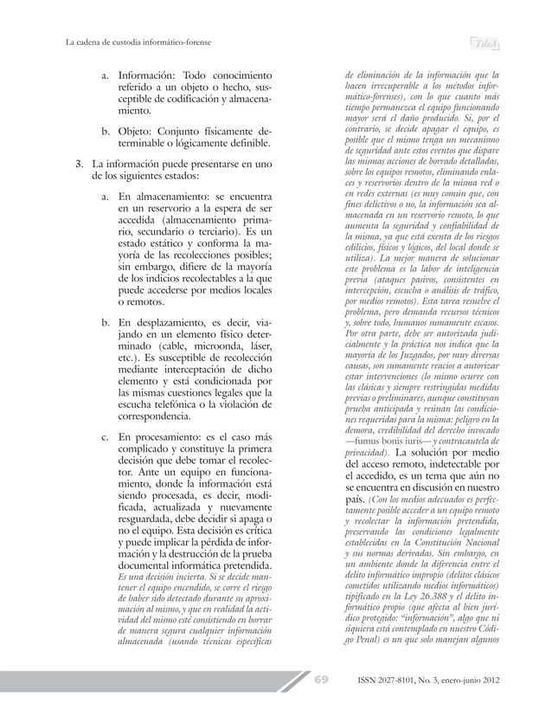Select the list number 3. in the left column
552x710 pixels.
(79, 164)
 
